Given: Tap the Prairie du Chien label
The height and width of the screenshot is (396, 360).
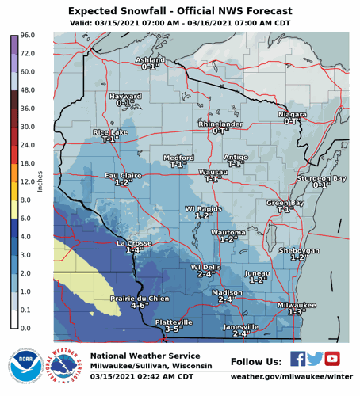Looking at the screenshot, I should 140,298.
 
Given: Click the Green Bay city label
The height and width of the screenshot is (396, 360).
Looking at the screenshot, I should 285,203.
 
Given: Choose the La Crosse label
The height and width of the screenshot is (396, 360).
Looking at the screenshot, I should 134,243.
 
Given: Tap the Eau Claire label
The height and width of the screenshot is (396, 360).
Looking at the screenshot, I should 123,175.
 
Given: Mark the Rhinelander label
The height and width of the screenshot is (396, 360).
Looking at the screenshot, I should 220,124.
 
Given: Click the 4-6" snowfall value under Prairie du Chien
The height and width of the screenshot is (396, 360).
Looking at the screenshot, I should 140,306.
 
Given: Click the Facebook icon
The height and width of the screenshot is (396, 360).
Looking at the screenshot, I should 297,359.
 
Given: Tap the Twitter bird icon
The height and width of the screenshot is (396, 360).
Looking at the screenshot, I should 315,359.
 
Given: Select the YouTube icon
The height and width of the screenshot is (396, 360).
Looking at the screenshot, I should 332,359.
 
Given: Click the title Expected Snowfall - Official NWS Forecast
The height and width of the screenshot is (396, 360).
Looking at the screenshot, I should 179,11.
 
